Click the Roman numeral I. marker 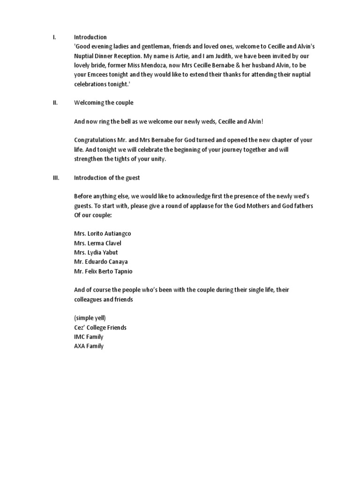54,37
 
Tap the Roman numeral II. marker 55,103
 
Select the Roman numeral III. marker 55,178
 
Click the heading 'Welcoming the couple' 104,103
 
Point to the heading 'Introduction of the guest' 107,178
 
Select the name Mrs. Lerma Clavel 97,243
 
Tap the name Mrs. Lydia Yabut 96,253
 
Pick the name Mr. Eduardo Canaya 101,262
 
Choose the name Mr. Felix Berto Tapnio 103,271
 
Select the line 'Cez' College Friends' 100,328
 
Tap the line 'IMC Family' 89,337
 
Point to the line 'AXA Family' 89,346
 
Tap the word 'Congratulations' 96,140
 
